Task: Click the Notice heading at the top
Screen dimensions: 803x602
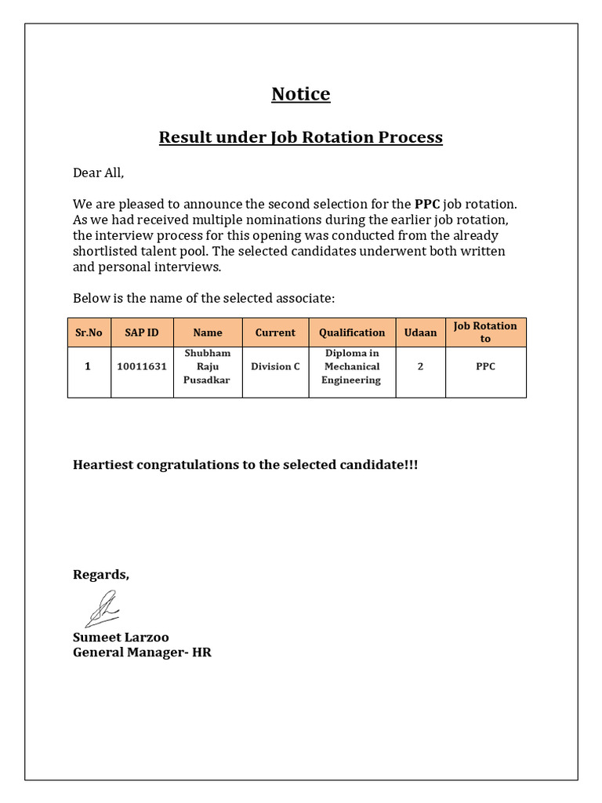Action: coord(301,94)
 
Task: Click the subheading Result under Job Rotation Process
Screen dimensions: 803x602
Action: coord(301,137)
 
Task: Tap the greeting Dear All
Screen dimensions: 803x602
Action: coord(99,173)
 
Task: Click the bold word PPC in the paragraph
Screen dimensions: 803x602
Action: coord(427,204)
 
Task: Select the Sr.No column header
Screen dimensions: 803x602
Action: coord(89,332)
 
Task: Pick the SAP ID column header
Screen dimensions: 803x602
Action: coord(142,332)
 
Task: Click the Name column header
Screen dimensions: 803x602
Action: coord(208,332)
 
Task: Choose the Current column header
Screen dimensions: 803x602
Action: coord(275,332)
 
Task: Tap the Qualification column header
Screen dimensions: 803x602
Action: coord(352,332)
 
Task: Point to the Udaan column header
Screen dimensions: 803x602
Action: coord(420,332)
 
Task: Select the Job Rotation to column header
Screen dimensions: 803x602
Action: coord(485,332)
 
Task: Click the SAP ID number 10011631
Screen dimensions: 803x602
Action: coord(142,366)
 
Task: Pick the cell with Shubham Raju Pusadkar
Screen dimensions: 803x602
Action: coord(208,366)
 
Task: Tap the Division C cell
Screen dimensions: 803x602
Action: coord(275,366)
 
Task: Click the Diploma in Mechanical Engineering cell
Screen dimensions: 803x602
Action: coord(352,366)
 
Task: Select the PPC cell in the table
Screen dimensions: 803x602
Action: coord(485,366)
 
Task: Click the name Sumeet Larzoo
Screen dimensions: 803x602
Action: coord(121,637)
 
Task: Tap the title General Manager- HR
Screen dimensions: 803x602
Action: coord(142,652)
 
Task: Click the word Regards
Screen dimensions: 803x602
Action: coord(101,575)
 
